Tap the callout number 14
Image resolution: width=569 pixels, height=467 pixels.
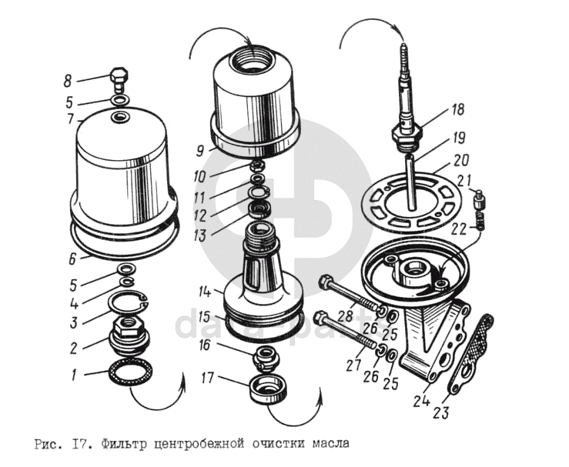pyautogui.click(x=203, y=292)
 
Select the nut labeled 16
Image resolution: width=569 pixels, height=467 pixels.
pyautogui.click(x=267, y=355)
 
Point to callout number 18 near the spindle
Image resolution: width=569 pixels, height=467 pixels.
pyautogui.click(x=459, y=110)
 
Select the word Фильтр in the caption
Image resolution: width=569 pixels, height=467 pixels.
pyautogui.click(x=129, y=444)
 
